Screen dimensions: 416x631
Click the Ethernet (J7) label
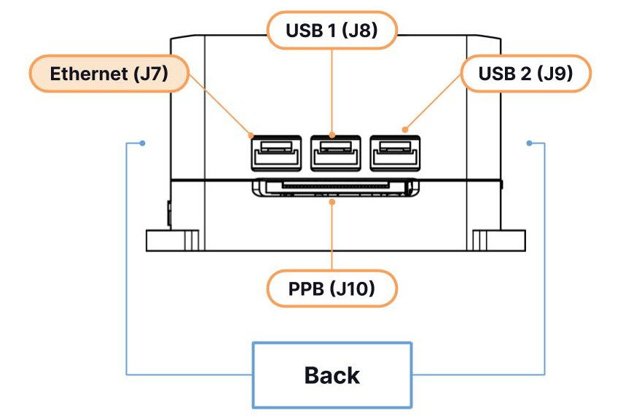pos(107,74)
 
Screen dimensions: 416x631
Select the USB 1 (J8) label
pos(332,31)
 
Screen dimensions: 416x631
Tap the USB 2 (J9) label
pos(525,74)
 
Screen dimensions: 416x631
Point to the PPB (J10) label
pos(332,289)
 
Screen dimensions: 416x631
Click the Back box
pos(332,375)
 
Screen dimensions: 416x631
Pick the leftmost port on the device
pos(275,155)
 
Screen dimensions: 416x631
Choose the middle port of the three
pos(335,155)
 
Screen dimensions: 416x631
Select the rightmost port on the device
pos(394,155)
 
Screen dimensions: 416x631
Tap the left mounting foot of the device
pos(172,240)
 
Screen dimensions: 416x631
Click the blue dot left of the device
pos(143,143)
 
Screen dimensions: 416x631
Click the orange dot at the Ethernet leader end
pos(252,136)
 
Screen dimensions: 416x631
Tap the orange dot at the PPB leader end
pos(332,203)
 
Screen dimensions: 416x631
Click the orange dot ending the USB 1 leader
pos(332,135)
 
